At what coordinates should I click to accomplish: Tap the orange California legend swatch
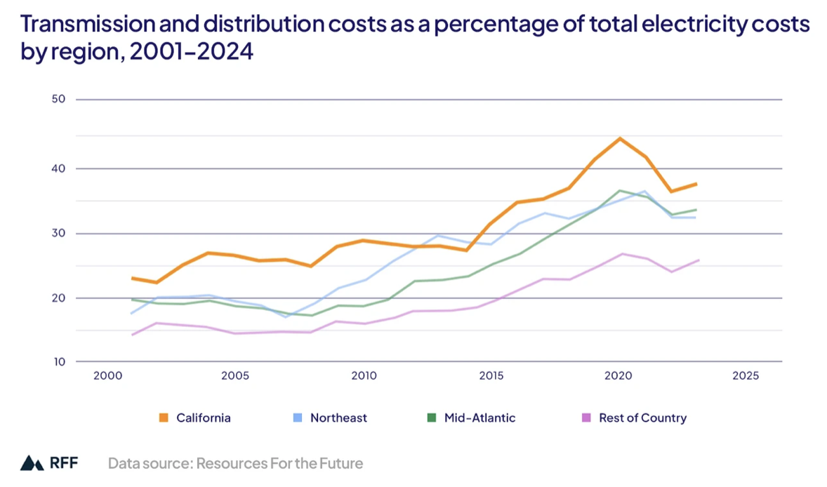coord(164,418)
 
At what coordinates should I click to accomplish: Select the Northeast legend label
coord(338,418)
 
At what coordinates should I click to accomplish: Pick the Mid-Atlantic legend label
coord(479,418)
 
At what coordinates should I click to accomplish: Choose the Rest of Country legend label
coord(642,418)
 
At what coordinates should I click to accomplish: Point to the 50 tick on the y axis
coord(58,99)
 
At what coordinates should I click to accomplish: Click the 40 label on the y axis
coord(58,168)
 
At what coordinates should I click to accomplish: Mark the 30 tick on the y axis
coord(58,233)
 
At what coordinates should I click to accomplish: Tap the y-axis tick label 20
coord(58,298)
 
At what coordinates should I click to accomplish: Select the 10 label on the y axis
coord(58,362)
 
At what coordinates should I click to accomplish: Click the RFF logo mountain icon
coord(32,463)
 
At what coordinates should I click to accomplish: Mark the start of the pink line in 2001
coord(132,335)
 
